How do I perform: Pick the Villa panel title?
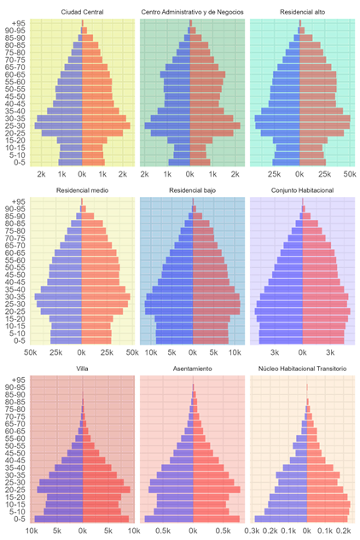pyautogui.click(x=83, y=369)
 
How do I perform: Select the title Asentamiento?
pyautogui.click(x=191, y=369)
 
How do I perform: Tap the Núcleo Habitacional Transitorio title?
pyautogui.click(x=299, y=369)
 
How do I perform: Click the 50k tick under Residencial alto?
pyautogui.click(x=348, y=172)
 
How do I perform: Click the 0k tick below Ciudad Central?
pyautogui.click(x=83, y=172)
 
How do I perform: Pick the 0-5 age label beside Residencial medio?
pyautogui.click(x=20, y=339)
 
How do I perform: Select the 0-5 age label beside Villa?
pyautogui.click(x=20, y=518)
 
